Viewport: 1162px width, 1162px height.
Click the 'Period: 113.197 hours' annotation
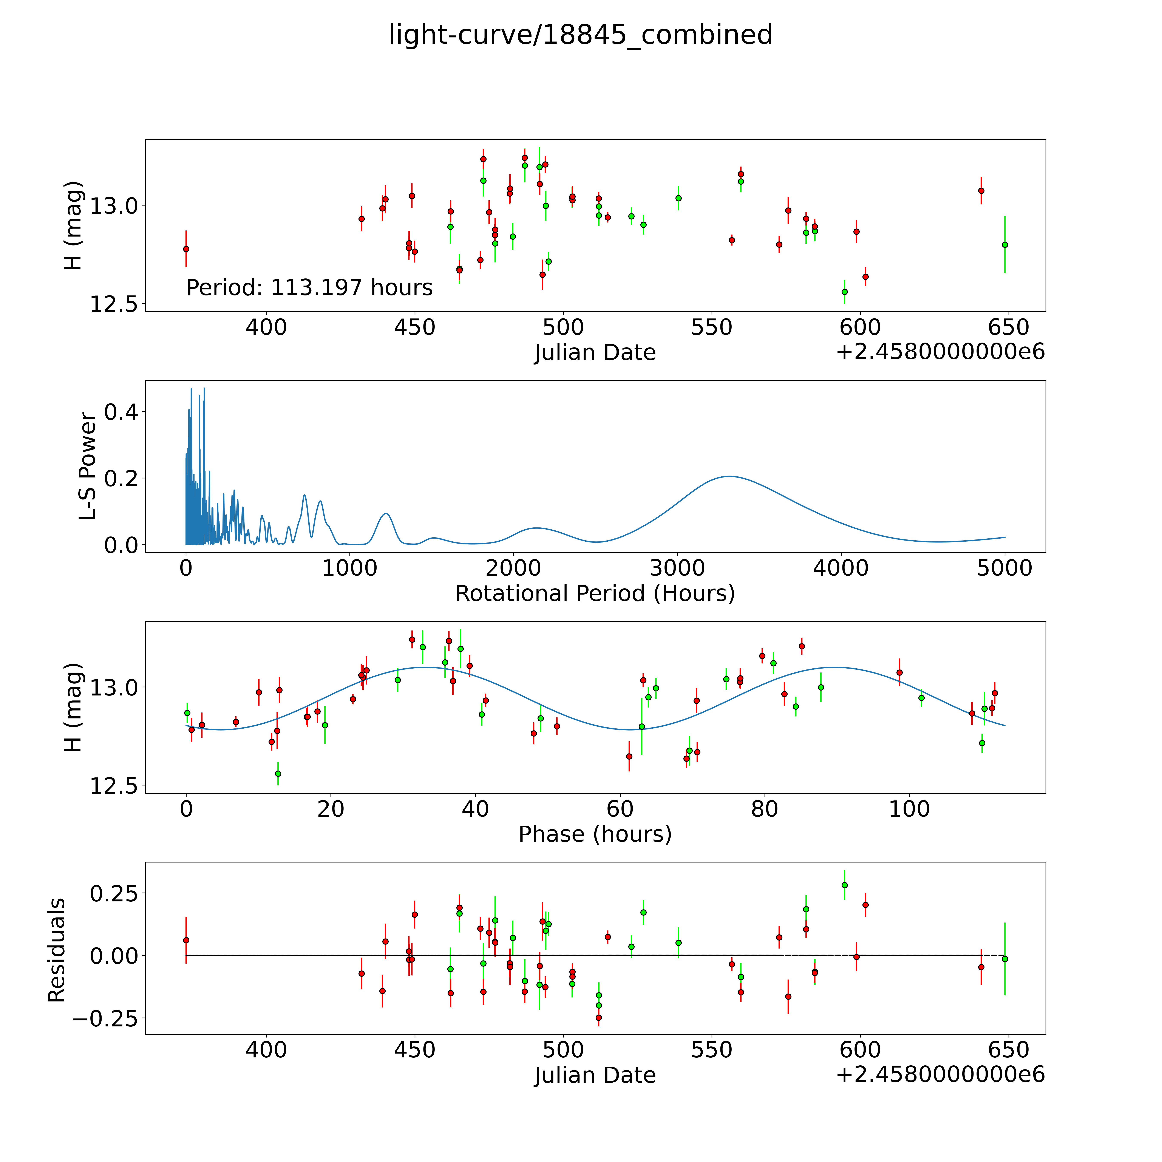[309, 288]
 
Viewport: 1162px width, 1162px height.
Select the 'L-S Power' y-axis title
[88, 466]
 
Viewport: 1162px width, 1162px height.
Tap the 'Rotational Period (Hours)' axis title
[595, 594]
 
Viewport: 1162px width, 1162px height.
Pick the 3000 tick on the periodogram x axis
[677, 568]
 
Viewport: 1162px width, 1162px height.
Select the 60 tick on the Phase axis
[620, 809]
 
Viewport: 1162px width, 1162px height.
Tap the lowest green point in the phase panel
[278, 773]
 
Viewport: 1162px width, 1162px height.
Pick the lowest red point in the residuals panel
[598, 1018]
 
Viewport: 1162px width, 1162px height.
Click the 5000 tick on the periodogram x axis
[1004, 568]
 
